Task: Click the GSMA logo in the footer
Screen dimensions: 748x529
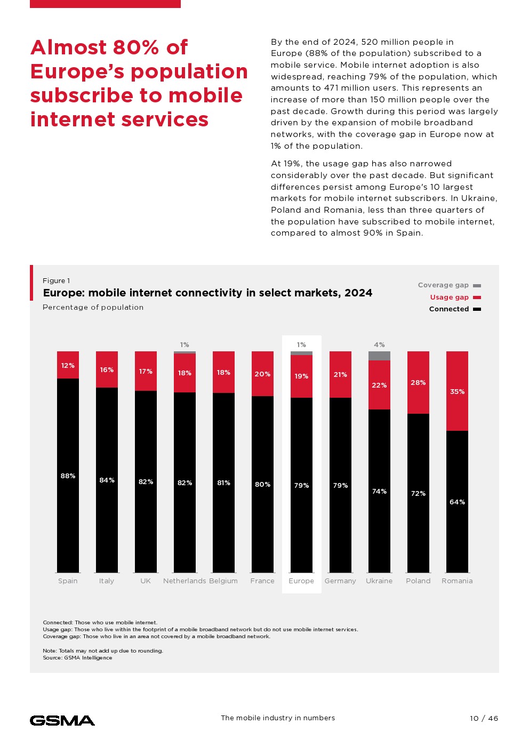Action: click(x=62, y=720)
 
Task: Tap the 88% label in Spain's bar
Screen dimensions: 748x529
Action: click(x=68, y=476)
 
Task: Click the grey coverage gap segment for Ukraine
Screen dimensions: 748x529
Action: click(x=379, y=356)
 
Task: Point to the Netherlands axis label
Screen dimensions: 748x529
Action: click(x=185, y=581)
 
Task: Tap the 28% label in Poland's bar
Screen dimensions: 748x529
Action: click(x=418, y=383)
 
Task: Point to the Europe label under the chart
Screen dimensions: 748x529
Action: click(x=301, y=581)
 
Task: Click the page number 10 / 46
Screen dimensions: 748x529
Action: click(x=484, y=718)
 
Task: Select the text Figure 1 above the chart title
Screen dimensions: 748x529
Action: click(x=56, y=281)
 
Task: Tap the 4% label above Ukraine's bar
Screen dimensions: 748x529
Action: click(x=379, y=345)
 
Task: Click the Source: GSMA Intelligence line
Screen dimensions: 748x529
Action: click(x=77, y=658)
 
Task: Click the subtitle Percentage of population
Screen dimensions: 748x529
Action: click(x=93, y=308)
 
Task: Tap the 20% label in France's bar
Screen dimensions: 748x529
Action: click(x=262, y=374)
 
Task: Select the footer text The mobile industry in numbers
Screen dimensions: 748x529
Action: click(x=278, y=718)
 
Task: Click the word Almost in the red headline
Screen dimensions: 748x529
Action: click(x=69, y=47)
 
